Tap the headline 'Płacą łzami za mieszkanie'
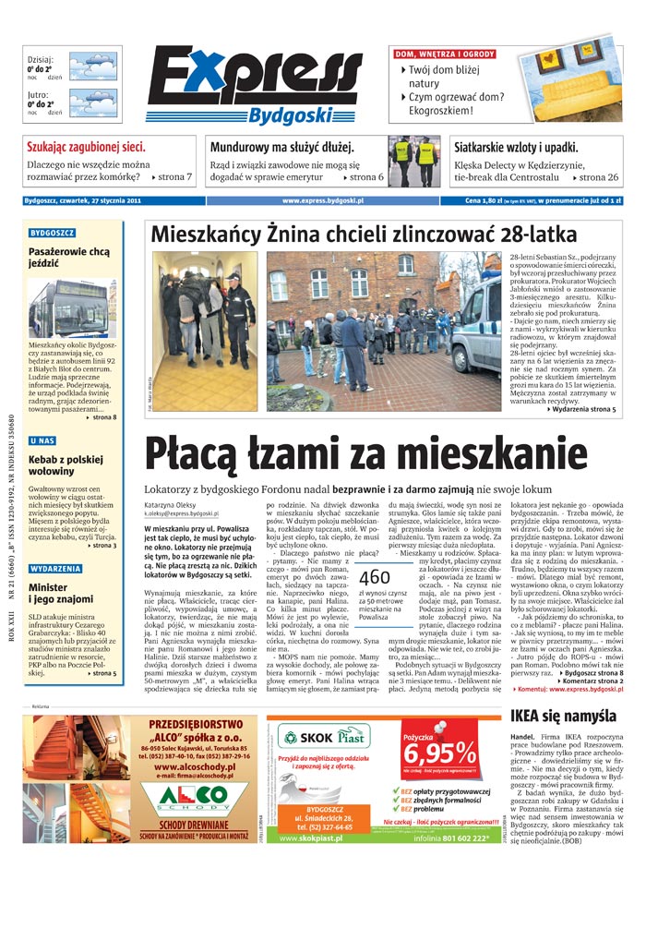tap(365, 453)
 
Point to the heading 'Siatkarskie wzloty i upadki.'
tap(516, 147)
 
